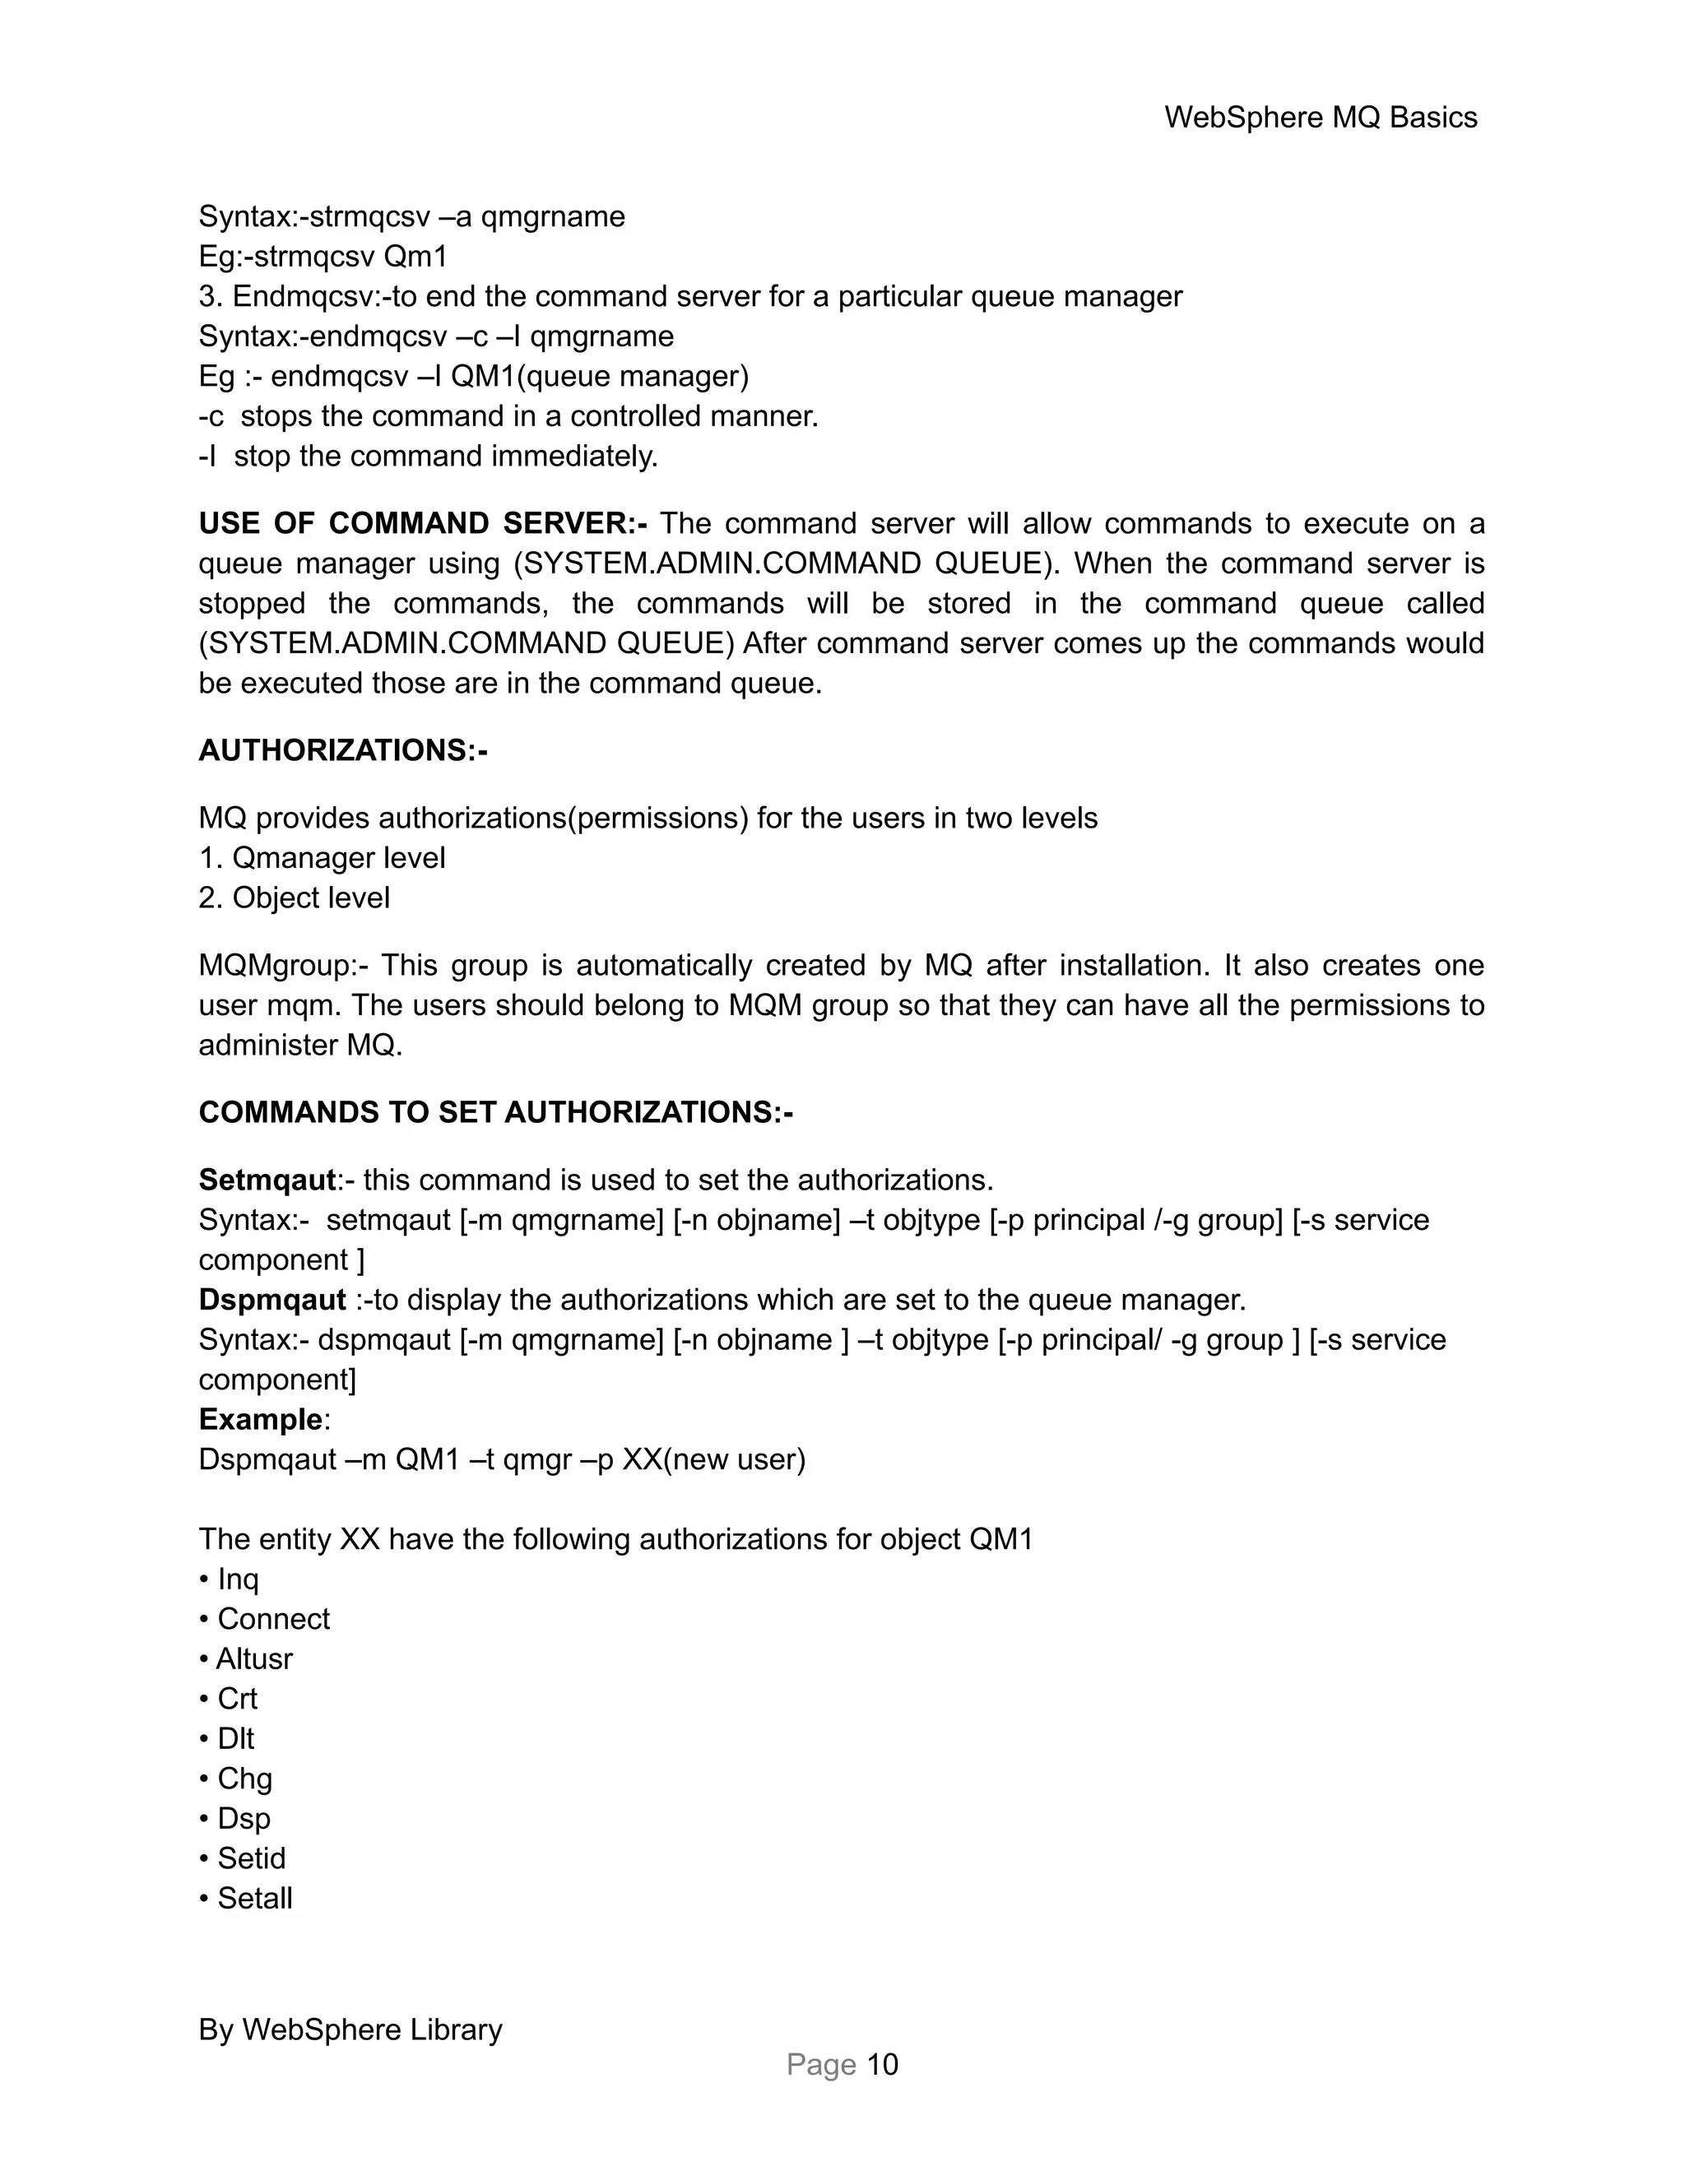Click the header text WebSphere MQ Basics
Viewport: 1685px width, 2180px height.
tap(1320, 118)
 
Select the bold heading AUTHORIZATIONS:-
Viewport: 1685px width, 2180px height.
tap(342, 750)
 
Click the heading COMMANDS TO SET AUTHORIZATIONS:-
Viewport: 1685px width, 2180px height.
tap(495, 1112)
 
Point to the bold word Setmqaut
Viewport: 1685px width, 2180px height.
tap(267, 1180)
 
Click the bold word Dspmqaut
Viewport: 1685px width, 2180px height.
tap(272, 1300)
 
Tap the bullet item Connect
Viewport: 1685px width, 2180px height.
tap(272, 1619)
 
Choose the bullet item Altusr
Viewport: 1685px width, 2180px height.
tap(253, 1659)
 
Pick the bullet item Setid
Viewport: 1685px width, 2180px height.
tap(251, 1858)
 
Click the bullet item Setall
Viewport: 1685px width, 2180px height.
tap(254, 1899)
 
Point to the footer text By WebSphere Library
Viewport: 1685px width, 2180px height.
tap(350, 2029)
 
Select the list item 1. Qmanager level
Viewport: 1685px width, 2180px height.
tap(322, 857)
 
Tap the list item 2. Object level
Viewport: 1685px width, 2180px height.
tap(294, 898)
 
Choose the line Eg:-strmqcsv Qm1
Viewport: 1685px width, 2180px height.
tap(323, 257)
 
